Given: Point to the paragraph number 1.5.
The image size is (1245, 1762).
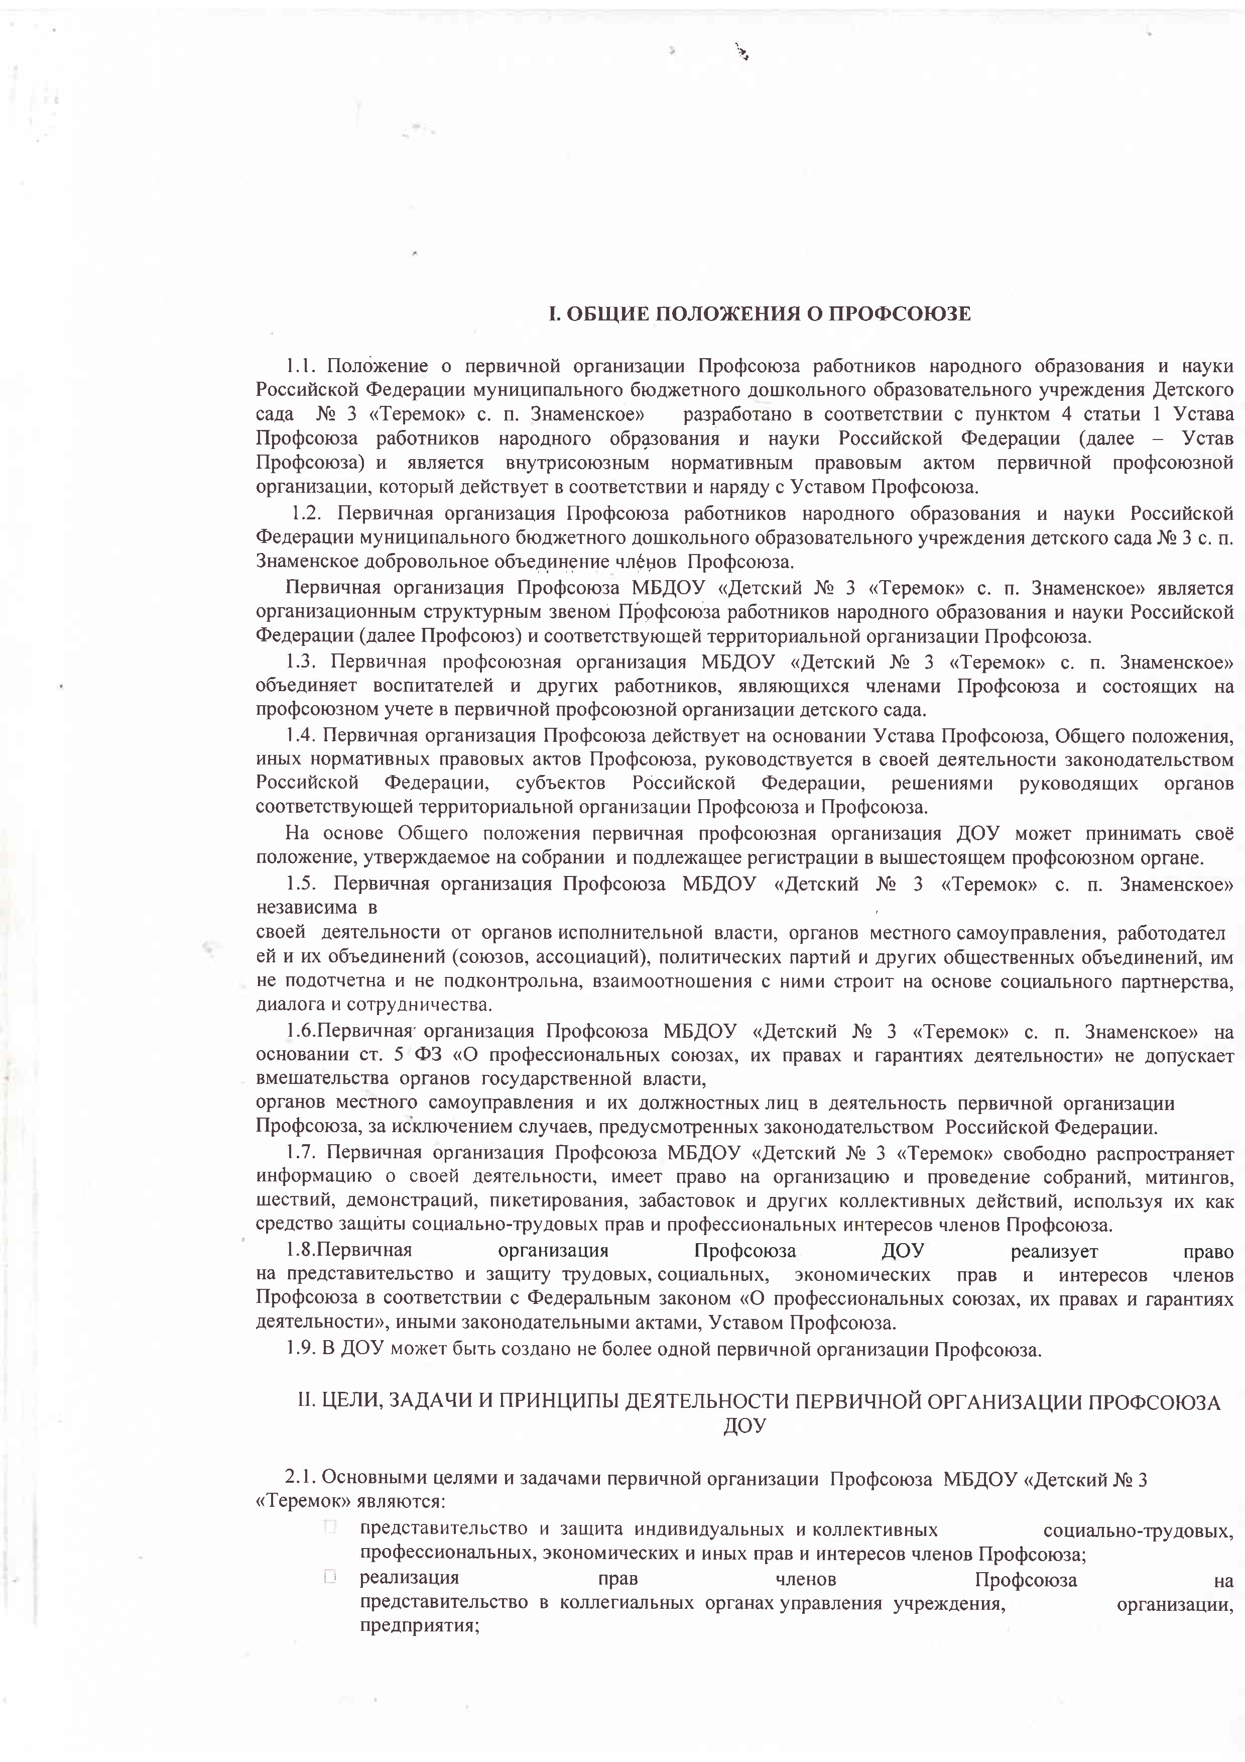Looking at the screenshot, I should [303, 884].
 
